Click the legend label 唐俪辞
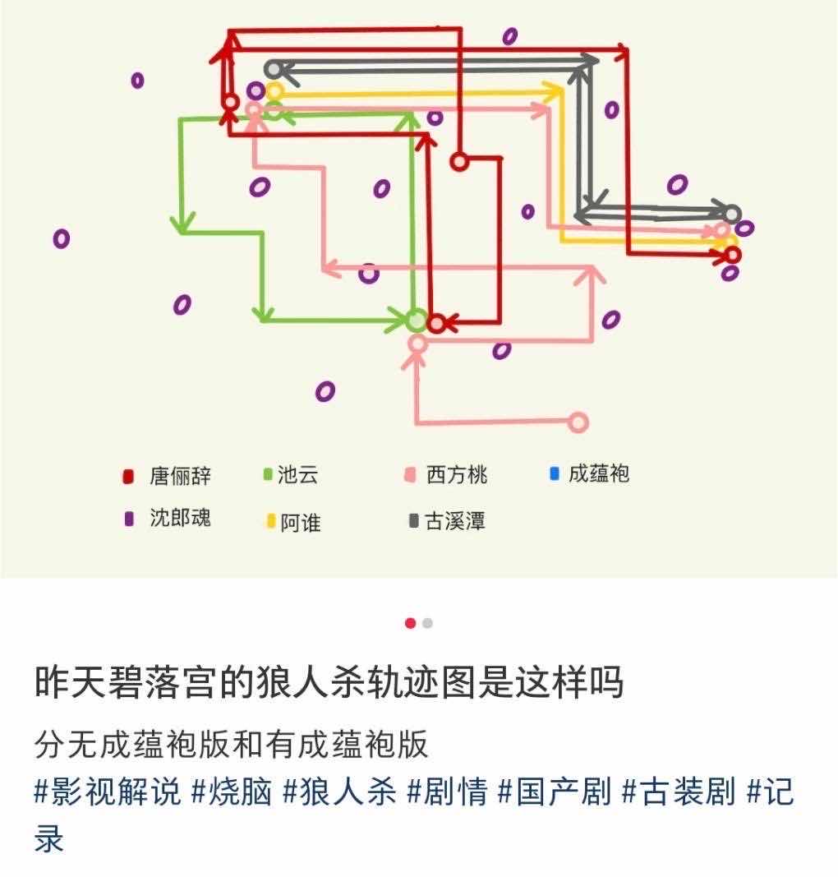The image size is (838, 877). tap(180, 476)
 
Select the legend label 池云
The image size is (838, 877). tap(297, 474)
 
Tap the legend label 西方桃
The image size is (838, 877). tap(457, 475)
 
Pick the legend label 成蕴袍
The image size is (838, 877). tap(599, 474)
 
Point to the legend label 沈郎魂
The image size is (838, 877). tap(180, 518)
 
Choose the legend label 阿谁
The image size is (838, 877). tap(300, 522)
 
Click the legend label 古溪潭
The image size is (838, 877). tap(454, 521)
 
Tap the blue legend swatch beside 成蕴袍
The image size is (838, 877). tap(554, 473)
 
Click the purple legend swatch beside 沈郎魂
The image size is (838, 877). tap(128, 519)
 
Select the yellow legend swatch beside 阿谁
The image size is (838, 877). tap(269, 521)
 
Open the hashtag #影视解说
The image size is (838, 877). tap(107, 792)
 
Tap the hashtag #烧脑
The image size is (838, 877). tap(232, 792)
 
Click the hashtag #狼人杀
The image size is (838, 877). tap(340, 792)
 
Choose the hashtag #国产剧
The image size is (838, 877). tap(555, 792)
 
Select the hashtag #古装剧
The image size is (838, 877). tap(678, 792)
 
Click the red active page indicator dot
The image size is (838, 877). tap(410, 623)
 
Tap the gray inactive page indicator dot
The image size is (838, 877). tap(427, 623)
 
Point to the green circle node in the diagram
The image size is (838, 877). tap(417, 320)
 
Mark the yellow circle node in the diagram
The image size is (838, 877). tap(274, 90)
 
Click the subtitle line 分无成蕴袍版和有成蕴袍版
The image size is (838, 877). tap(232, 745)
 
